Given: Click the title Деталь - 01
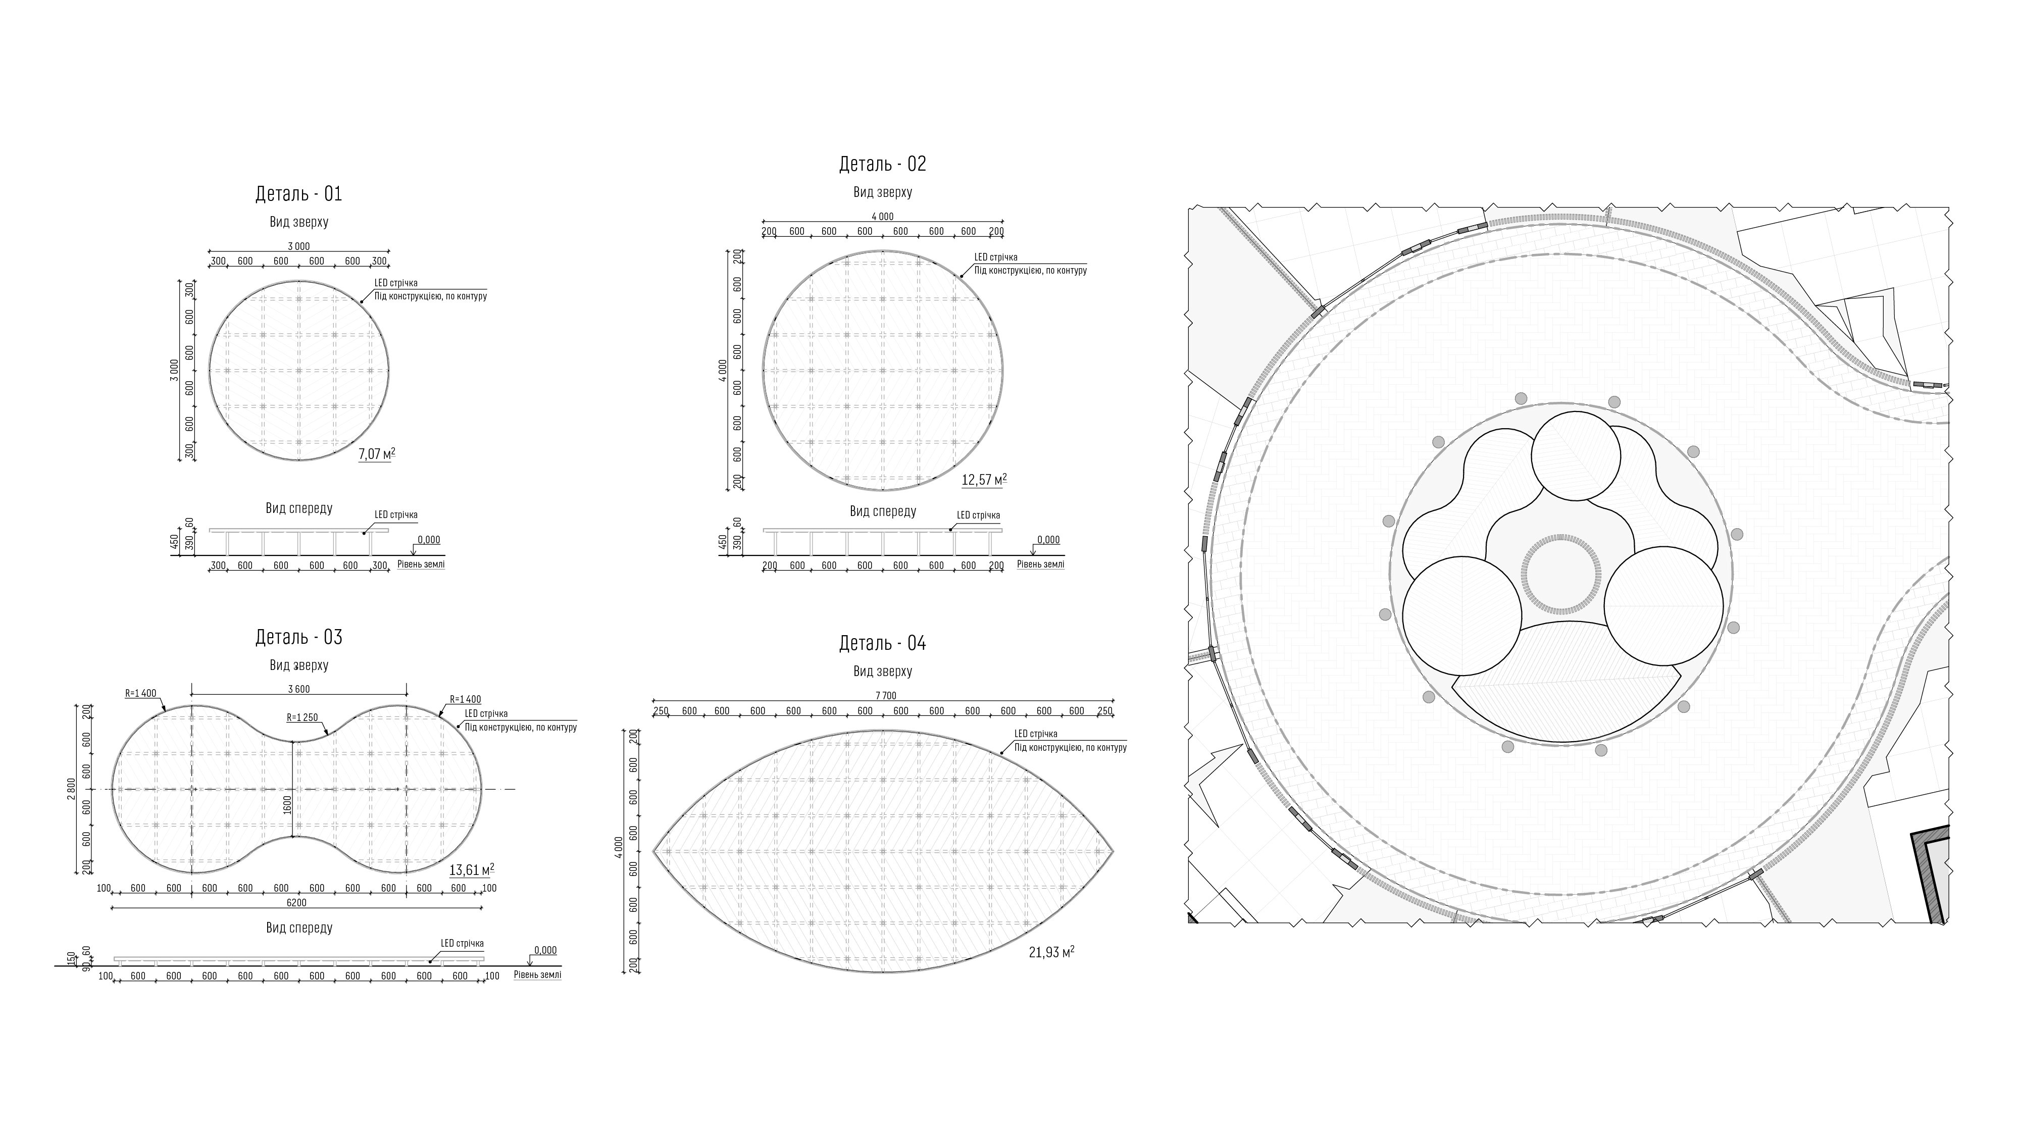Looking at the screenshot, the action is click(x=299, y=194).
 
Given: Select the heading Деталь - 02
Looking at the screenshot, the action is click(x=882, y=164).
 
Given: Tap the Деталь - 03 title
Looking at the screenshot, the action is click(x=299, y=637).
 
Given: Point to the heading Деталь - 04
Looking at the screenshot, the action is click(x=882, y=643).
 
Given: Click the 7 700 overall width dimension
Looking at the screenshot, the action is click(x=885, y=695).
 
